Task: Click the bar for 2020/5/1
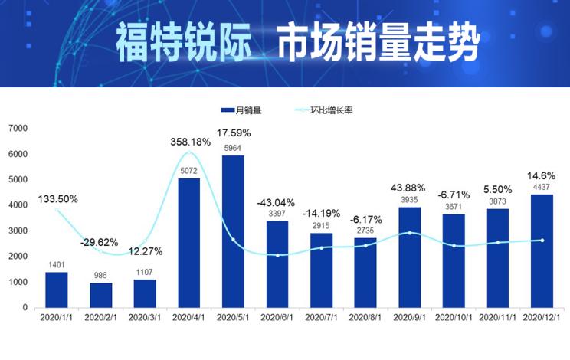(x=233, y=231)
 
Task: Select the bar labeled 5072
(x=189, y=243)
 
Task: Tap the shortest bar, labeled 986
(x=100, y=295)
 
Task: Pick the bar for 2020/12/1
(x=542, y=251)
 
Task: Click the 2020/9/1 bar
(x=410, y=257)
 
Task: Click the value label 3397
(x=277, y=214)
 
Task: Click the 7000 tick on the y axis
(x=18, y=128)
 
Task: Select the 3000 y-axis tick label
(x=18, y=231)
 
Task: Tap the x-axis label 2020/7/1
(x=321, y=316)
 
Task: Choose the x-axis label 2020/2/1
(x=100, y=316)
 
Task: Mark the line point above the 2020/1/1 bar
(x=56, y=209)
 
